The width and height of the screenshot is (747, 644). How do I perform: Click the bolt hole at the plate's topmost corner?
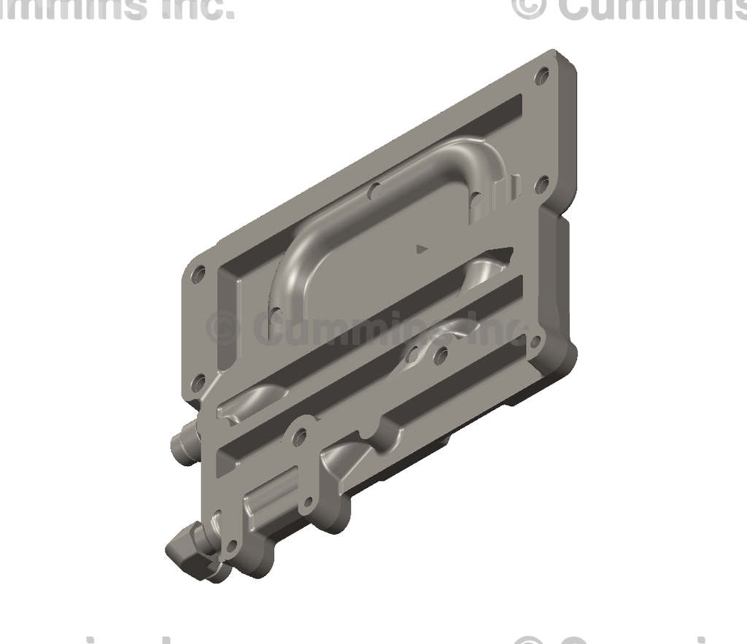[541, 75]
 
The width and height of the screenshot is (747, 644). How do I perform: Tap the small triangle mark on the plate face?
[420, 248]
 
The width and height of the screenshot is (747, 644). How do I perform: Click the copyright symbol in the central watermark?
[223, 327]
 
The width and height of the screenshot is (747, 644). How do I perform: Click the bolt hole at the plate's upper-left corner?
[198, 276]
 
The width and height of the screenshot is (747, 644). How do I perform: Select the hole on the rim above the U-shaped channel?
[375, 192]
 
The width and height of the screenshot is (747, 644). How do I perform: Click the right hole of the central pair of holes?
[440, 357]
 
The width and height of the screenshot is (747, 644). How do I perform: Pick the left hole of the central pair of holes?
[413, 355]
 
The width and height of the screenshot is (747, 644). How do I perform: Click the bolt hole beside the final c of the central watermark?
[535, 341]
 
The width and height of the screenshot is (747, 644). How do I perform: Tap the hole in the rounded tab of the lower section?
[298, 438]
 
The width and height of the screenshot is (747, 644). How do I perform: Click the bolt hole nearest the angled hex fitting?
[232, 546]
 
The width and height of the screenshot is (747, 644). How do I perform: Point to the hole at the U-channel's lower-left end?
[275, 313]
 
